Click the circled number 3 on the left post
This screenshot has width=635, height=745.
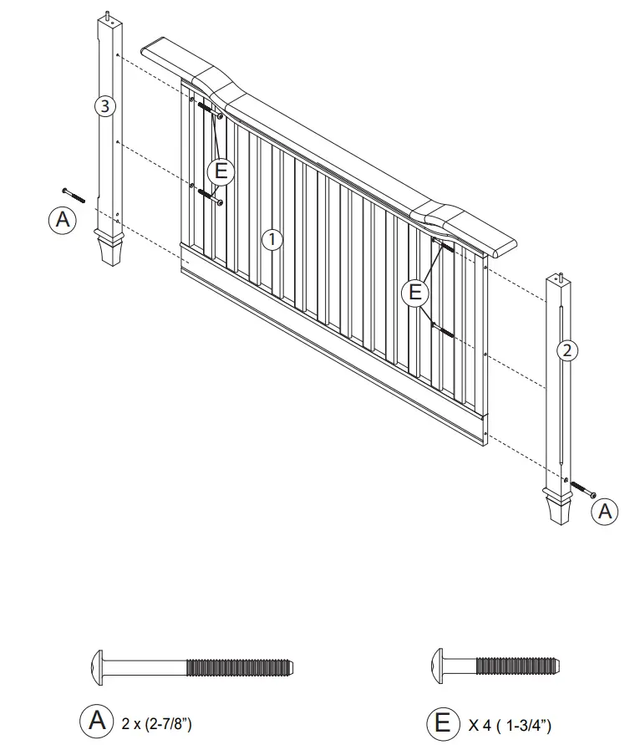coord(103,106)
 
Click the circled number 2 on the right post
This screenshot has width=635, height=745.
coord(566,350)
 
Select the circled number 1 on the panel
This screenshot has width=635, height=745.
coord(272,240)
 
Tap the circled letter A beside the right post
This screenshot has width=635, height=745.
coord(604,511)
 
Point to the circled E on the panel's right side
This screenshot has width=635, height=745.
coord(414,293)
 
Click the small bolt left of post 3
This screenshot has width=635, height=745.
coord(74,195)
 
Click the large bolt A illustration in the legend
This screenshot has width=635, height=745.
coord(191,666)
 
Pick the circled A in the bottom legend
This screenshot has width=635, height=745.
coord(94,720)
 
